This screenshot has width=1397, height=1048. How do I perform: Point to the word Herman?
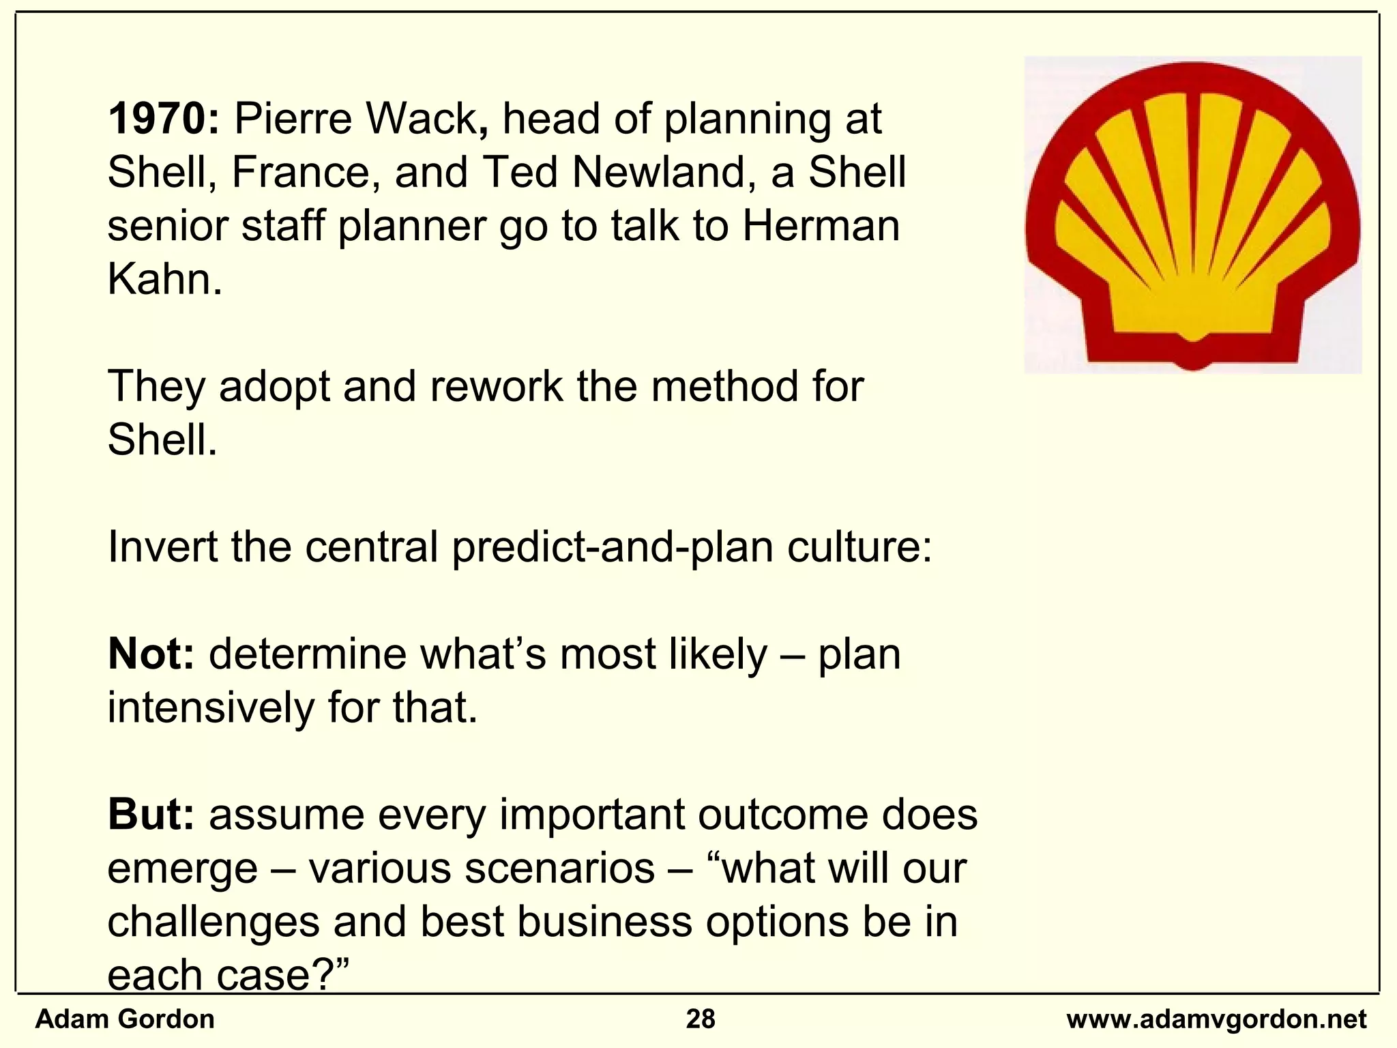tap(821, 226)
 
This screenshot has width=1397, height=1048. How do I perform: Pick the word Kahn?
tap(164, 279)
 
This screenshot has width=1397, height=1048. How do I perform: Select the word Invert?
tap(162, 547)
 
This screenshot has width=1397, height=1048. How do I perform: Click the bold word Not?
tap(151, 654)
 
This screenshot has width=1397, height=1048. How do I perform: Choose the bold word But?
tap(151, 815)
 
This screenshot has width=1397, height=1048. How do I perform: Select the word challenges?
tap(213, 922)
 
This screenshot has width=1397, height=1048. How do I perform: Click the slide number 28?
tap(701, 1019)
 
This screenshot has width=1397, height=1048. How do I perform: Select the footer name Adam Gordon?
tap(125, 1019)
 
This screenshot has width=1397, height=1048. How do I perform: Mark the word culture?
tap(859, 547)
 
